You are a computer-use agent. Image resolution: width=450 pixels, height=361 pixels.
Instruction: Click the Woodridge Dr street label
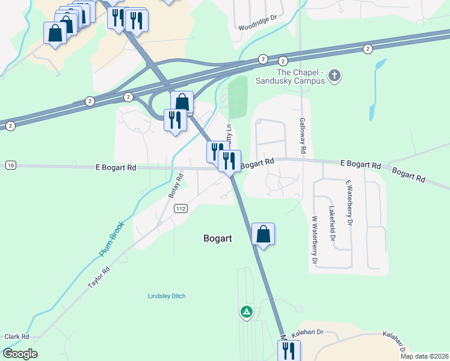tap(257, 27)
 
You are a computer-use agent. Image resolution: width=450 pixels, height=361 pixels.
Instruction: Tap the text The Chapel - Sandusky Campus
tap(291, 76)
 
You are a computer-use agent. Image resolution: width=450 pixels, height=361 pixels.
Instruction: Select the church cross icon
tap(335, 76)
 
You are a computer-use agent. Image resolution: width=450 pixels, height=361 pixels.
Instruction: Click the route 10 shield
tap(10, 165)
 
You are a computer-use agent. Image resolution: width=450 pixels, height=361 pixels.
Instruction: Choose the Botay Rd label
tap(175, 186)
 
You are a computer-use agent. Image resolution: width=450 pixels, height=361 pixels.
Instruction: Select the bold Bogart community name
tap(218, 238)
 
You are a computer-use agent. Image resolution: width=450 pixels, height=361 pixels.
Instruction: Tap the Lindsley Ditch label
tap(167, 296)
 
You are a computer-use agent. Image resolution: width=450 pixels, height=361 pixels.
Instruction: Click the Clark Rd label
tap(16, 336)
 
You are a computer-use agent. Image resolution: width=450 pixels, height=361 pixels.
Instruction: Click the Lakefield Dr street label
tap(331, 223)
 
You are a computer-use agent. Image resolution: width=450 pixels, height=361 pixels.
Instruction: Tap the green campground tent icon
tap(246, 312)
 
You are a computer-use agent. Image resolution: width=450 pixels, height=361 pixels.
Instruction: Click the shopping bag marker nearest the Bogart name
tap(263, 233)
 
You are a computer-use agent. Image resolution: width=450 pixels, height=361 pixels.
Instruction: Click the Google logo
tap(20, 354)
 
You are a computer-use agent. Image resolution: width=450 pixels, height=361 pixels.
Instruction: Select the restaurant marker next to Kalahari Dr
tap(288, 350)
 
